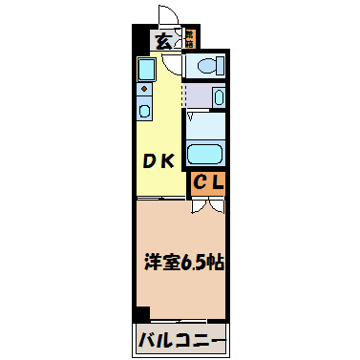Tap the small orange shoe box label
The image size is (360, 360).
(190, 39)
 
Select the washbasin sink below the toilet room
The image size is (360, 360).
(218, 97)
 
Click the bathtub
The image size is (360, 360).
(204, 155)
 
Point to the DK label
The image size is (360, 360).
(159, 161)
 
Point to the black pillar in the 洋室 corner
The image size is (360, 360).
(141, 312)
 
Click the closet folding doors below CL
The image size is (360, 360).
(209, 203)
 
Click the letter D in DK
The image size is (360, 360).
(150, 161)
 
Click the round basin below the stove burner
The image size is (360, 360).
(144, 110)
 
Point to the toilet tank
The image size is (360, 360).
(220, 65)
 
